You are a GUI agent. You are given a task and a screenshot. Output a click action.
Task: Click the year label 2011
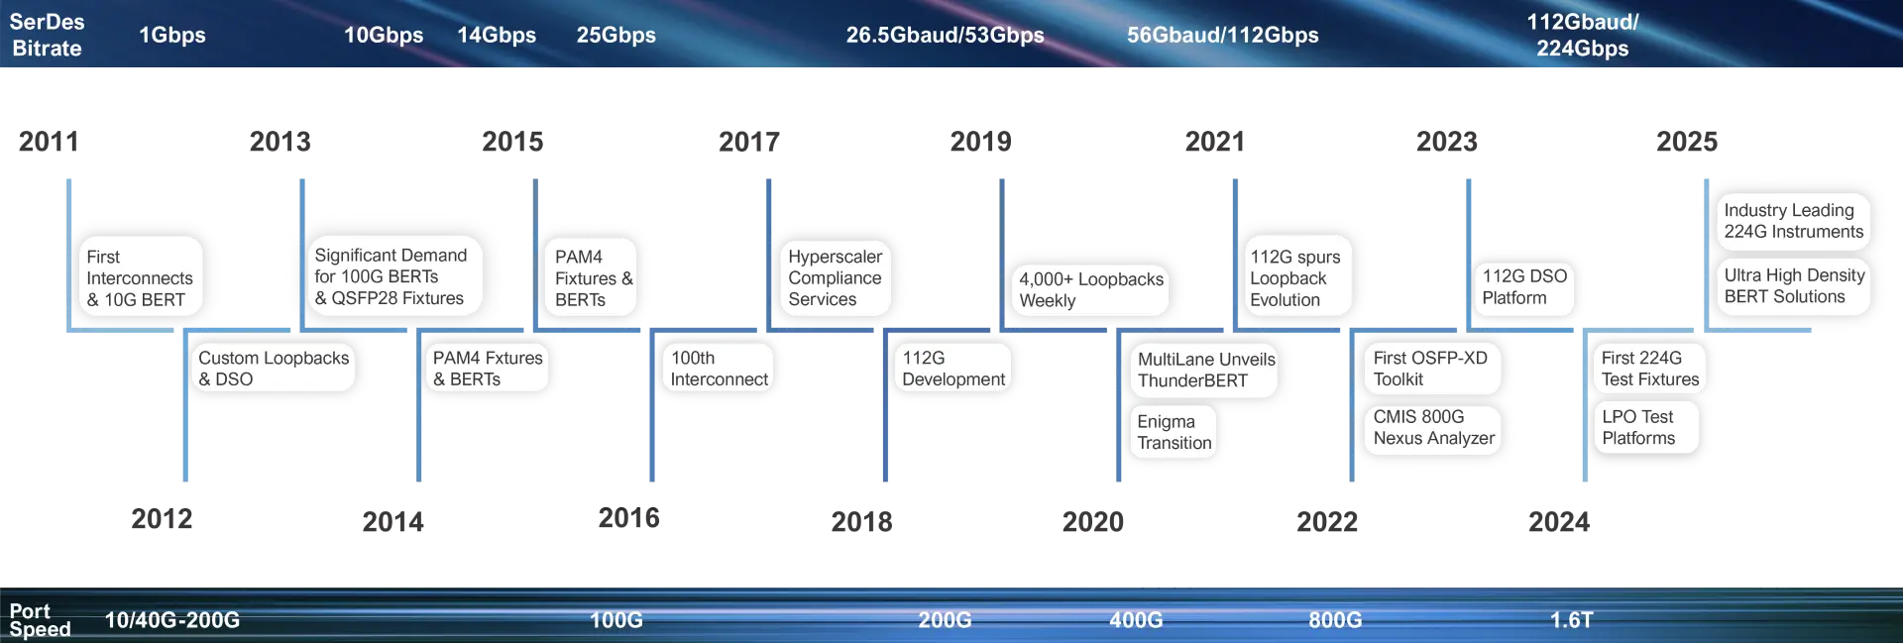click(49, 142)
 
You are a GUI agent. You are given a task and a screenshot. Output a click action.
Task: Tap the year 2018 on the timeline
click(861, 521)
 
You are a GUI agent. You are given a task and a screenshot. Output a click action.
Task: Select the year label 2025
click(1687, 142)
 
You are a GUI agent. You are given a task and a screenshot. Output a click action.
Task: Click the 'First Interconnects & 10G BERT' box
click(140, 277)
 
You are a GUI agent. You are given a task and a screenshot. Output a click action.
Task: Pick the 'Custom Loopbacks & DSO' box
click(274, 368)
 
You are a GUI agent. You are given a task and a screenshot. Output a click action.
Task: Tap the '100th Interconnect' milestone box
click(719, 368)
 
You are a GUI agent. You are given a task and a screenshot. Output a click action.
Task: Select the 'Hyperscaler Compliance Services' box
click(835, 277)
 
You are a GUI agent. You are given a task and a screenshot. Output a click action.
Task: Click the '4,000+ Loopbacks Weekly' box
click(1090, 289)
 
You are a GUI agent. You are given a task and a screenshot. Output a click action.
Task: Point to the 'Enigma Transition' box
click(1174, 432)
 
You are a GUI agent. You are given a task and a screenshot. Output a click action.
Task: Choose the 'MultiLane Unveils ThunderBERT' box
click(1205, 370)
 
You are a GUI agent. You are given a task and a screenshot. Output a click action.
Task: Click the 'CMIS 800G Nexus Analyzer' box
click(1433, 427)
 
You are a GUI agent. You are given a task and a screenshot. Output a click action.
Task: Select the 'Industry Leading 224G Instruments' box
click(1793, 220)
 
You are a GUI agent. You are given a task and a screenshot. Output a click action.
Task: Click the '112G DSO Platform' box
click(1524, 286)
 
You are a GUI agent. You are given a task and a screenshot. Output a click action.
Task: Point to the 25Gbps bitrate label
click(616, 35)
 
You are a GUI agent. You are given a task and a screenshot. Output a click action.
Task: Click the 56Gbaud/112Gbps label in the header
click(1222, 35)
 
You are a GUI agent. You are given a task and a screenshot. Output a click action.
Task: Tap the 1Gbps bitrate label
click(172, 35)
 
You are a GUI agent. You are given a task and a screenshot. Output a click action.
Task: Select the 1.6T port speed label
click(1572, 620)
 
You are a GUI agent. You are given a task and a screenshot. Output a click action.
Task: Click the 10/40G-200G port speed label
click(172, 620)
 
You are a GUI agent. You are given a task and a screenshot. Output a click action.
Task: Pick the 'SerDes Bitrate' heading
click(47, 35)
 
